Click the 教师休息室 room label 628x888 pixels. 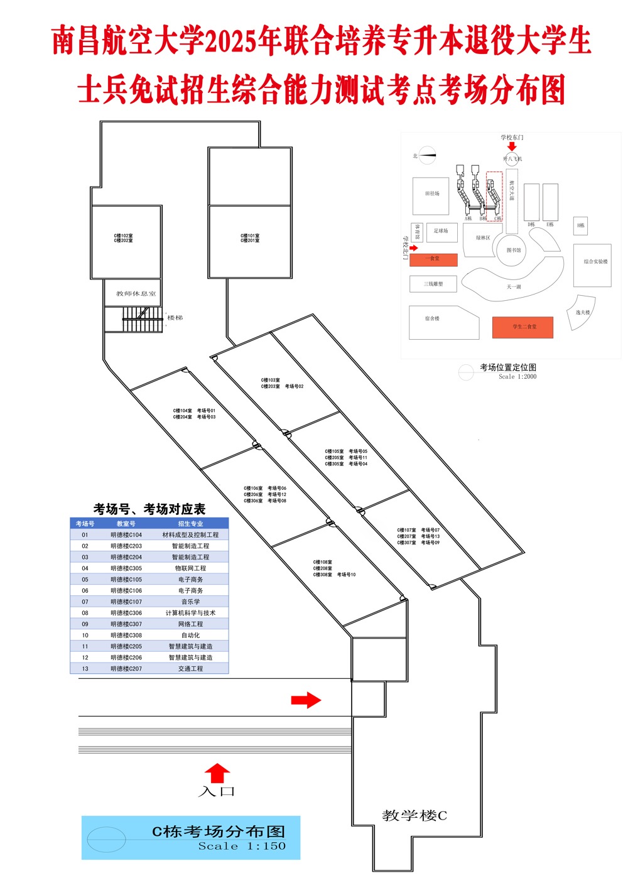(x=136, y=293)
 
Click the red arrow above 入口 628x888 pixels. (x=217, y=773)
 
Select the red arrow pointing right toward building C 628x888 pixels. (x=306, y=700)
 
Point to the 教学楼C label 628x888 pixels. (x=414, y=816)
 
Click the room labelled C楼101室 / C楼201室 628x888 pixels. (x=250, y=238)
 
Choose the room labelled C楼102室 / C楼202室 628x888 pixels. (x=123, y=238)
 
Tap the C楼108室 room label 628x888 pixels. (x=323, y=562)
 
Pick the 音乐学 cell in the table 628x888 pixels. (x=190, y=602)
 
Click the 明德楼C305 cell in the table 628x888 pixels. (x=126, y=568)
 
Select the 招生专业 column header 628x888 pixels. (x=190, y=524)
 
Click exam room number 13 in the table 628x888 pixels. (x=85, y=669)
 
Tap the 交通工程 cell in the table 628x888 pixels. (x=190, y=669)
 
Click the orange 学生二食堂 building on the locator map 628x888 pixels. (x=522, y=327)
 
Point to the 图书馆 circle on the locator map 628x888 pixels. (x=514, y=250)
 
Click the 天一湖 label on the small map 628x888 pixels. (x=514, y=286)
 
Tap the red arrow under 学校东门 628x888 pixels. (x=512, y=147)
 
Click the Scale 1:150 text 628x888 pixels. (x=242, y=846)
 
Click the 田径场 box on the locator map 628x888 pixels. (x=431, y=195)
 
